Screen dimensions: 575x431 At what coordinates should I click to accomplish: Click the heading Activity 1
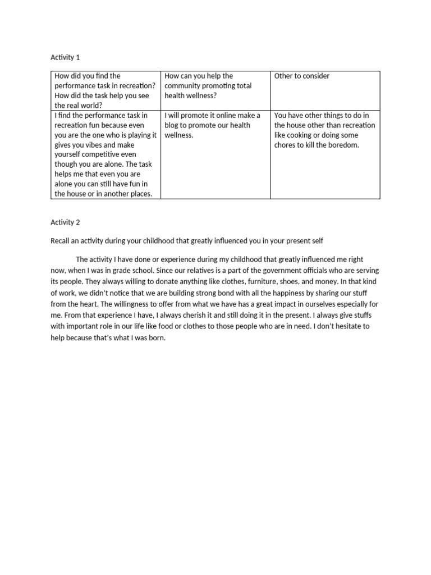click(x=66, y=57)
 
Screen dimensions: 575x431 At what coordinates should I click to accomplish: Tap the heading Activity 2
click(x=66, y=222)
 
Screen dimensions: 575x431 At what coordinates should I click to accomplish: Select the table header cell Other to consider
click(x=302, y=76)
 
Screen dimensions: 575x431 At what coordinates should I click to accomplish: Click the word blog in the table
click(x=173, y=125)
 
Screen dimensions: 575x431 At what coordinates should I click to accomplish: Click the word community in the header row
click(x=186, y=86)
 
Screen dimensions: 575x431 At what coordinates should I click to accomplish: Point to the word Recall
click(x=61, y=241)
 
